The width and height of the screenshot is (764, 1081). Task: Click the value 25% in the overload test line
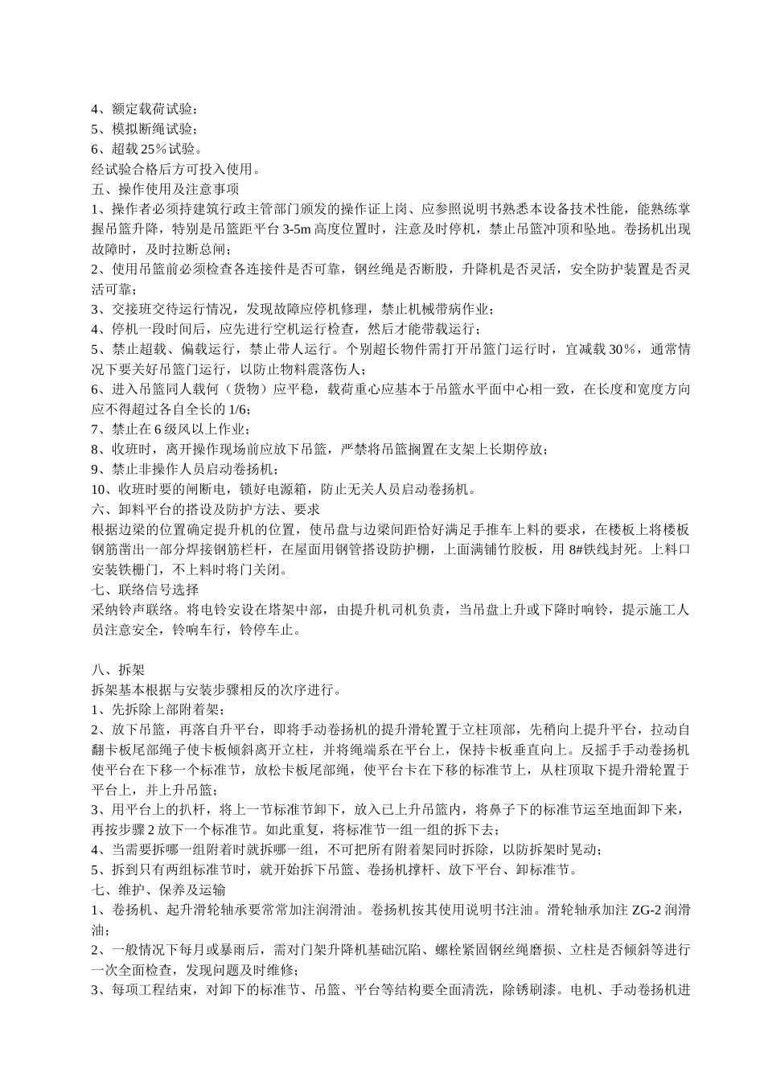[x=153, y=149]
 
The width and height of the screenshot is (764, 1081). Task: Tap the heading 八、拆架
[x=118, y=670]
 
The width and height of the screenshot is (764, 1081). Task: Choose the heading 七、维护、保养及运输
[x=159, y=890]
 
